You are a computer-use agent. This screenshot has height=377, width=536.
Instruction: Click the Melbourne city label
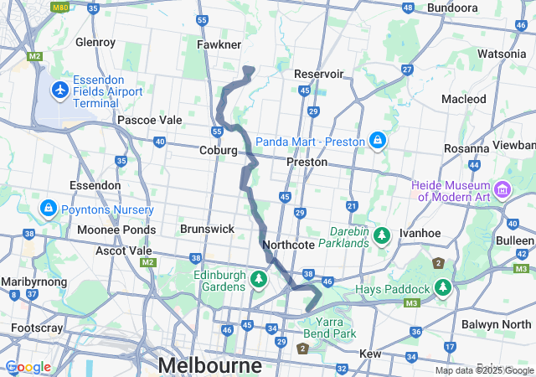pyautogui.click(x=209, y=365)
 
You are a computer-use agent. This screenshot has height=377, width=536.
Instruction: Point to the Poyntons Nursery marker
pyautogui.click(x=48, y=208)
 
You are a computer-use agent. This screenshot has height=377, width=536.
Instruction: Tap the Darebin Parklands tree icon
pyautogui.click(x=382, y=234)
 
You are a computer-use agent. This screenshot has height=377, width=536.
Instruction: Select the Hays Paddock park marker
pyautogui.click(x=442, y=289)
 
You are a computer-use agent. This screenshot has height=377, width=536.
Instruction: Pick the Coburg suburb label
pyautogui.click(x=218, y=150)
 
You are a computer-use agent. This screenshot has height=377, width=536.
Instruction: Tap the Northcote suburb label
pyautogui.click(x=288, y=245)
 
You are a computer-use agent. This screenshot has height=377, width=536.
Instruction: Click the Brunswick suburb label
pyautogui.click(x=207, y=228)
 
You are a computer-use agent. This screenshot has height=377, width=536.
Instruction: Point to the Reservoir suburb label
pyautogui.click(x=319, y=74)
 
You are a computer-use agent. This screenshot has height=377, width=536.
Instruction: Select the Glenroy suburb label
pyautogui.click(x=95, y=41)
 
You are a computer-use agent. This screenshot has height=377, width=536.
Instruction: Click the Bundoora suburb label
pyautogui.click(x=452, y=8)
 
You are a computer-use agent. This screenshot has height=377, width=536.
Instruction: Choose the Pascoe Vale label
pyautogui.click(x=149, y=120)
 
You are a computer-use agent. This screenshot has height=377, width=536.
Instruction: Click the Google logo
pyautogui.click(x=28, y=367)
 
